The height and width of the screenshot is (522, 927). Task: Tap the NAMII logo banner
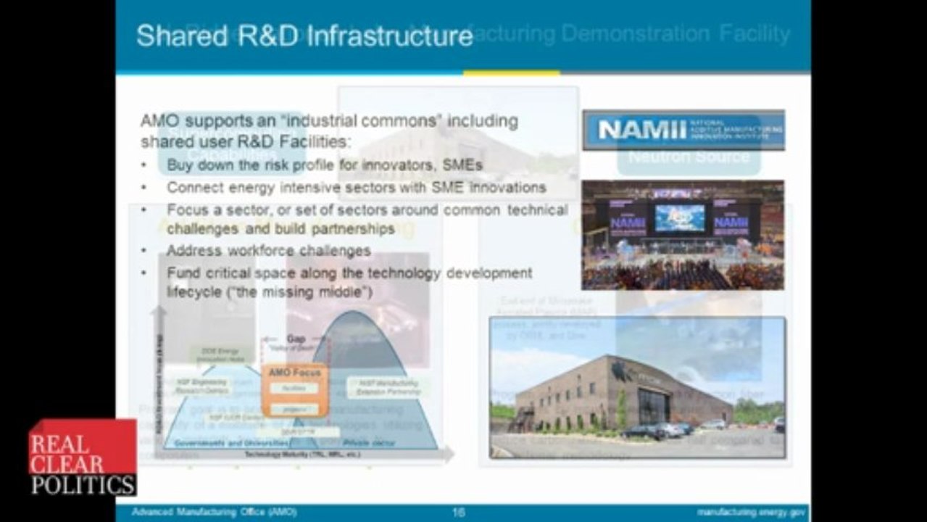coord(683,130)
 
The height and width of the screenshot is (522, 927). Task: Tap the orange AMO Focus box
coord(294,390)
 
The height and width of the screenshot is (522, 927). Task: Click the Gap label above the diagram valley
coord(296,339)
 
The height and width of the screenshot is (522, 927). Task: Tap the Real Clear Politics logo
coord(82,457)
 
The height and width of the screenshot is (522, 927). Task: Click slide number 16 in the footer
coord(458,513)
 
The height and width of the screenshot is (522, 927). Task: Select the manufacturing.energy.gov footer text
coord(748,513)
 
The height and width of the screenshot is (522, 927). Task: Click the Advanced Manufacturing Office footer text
coord(214,513)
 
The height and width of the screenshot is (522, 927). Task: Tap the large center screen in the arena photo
coord(679,217)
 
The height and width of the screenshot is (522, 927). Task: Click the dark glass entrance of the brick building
coord(652,408)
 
